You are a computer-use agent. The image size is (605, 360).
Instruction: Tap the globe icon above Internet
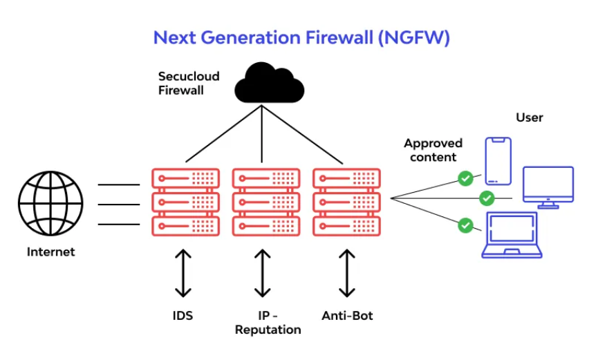(x=50, y=203)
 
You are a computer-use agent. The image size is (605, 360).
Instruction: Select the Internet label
(x=50, y=252)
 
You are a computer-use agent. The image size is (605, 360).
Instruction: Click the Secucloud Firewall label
(x=189, y=83)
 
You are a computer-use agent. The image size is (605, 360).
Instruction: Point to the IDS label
(x=183, y=316)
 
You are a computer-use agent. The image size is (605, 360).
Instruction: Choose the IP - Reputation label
(x=268, y=323)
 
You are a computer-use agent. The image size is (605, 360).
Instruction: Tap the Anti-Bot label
(x=347, y=316)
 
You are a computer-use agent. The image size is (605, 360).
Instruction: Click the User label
(x=530, y=117)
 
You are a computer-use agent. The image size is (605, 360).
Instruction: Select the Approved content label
(x=433, y=150)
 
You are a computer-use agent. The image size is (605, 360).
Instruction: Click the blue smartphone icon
(x=498, y=161)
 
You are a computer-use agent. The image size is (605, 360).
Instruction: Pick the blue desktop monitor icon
(x=548, y=187)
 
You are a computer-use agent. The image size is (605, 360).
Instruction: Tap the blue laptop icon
(x=512, y=235)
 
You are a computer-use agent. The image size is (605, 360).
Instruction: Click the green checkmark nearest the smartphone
(x=466, y=178)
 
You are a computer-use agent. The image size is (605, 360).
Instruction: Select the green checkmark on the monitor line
(x=487, y=198)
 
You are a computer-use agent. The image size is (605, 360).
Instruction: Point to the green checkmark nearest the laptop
(x=466, y=225)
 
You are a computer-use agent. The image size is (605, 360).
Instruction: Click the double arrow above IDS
(x=183, y=273)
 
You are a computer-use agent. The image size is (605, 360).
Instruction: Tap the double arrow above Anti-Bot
(x=347, y=273)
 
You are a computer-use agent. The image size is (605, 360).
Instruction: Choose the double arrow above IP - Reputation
(x=262, y=273)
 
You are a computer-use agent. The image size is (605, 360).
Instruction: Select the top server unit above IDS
(x=185, y=178)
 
